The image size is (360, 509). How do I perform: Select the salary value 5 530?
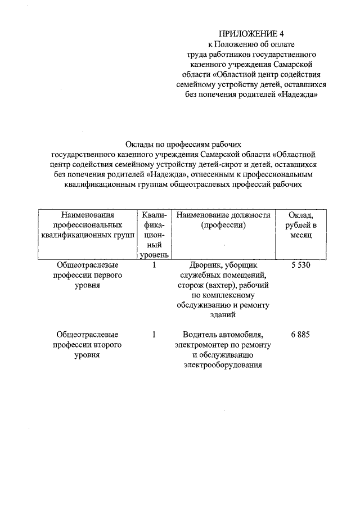click(x=301, y=265)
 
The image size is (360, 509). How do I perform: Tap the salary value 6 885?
click(x=301, y=335)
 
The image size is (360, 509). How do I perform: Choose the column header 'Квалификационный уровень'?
click(x=154, y=235)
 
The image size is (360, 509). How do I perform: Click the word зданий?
click(x=223, y=316)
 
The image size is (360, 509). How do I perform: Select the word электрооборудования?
click(x=223, y=365)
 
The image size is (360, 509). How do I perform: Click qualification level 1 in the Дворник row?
click(x=154, y=265)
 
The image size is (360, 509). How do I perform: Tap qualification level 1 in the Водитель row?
click(x=154, y=335)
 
